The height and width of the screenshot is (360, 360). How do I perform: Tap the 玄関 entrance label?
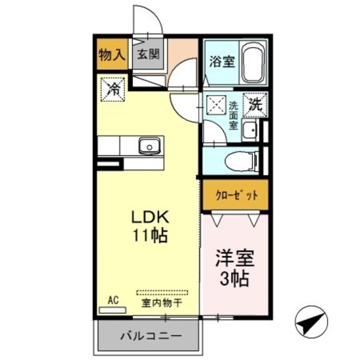(x=148, y=55)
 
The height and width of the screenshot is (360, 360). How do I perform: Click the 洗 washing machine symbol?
(x=255, y=103)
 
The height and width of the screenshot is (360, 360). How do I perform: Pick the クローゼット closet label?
(x=237, y=195)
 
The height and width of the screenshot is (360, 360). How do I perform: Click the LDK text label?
(x=150, y=218)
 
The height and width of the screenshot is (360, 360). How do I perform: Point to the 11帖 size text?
(x=150, y=236)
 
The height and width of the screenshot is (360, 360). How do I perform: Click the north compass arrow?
(x=310, y=323)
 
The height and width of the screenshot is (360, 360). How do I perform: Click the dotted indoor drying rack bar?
(x=162, y=292)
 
